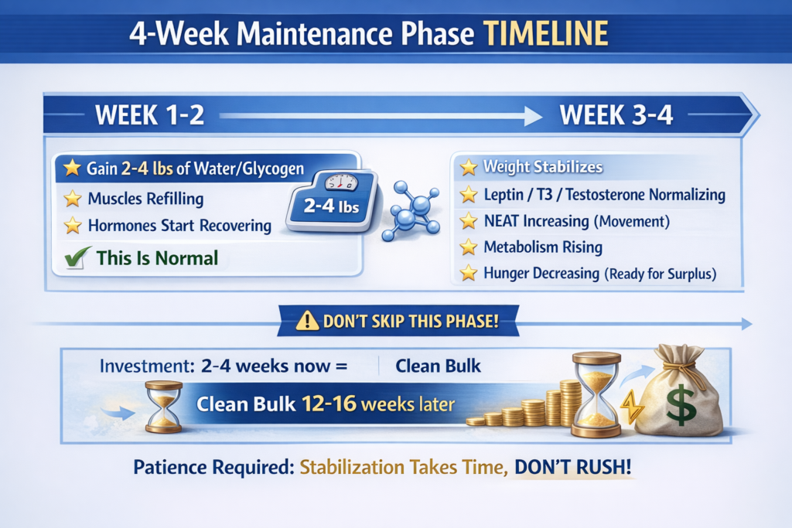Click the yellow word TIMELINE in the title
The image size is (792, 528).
tap(545, 34)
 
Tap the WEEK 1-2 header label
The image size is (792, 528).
tap(149, 115)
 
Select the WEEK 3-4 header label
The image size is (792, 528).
tap(616, 115)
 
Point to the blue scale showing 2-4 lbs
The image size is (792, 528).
tap(332, 200)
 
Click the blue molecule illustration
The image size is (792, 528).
tap(411, 210)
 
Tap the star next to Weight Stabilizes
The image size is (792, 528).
tap(468, 167)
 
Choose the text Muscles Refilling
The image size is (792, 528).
tap(145, 199)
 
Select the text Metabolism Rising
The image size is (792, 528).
tap(543, 247)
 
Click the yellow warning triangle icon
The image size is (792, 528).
tap(307, 321)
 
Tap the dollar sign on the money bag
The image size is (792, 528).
tap(681, 405)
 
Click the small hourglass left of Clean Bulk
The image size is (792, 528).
tap(164, 407)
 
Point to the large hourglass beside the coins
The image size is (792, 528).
tap(596, 394)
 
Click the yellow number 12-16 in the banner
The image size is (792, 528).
tap(329, 404)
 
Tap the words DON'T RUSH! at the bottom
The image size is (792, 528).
tap(573, 467)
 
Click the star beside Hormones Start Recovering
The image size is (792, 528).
tap(73, 225)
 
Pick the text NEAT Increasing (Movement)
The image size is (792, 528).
tap(577, 222)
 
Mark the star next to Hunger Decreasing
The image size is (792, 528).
tap(468, 273)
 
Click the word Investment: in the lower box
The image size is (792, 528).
tap(147, 366)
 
